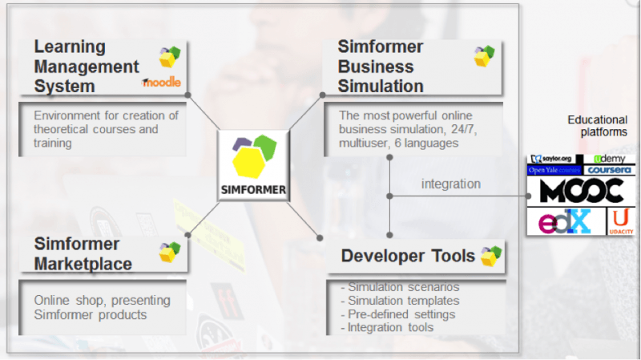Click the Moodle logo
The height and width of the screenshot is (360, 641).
(x=162, y=83)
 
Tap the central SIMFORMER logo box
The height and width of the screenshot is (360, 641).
(x=253, y=166)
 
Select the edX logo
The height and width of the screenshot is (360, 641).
(x=566, y=221)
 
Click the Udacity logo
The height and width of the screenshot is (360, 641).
(x=621, y=221)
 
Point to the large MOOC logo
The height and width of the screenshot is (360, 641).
(x=582, y=191)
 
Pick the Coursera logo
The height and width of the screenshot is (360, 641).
(x=610, y=170)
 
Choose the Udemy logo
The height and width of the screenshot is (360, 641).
(x=610, y=159)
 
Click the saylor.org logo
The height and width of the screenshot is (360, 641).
(x=551, y=159)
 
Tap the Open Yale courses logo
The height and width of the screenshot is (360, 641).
(x=554, y=170)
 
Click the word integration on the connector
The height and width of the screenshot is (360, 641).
(x=451, y=184)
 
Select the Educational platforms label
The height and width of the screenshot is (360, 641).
(x=598, y=126)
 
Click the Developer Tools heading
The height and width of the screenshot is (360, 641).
(x=408, y=256)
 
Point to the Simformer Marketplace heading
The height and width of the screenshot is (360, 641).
(x=83, y=254)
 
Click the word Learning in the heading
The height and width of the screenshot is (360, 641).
(x=70, y=47)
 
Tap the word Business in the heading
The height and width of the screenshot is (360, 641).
(x=376, y=67)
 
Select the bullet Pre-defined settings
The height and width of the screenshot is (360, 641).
(x=397, y=314)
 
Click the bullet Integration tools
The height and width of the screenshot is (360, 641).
(x=387, y=327)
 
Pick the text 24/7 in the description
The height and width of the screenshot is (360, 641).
(x=464, y=129)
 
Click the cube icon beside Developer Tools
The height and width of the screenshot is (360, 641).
(x=491, y=257)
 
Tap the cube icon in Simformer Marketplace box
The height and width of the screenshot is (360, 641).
(x=170, y=252)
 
